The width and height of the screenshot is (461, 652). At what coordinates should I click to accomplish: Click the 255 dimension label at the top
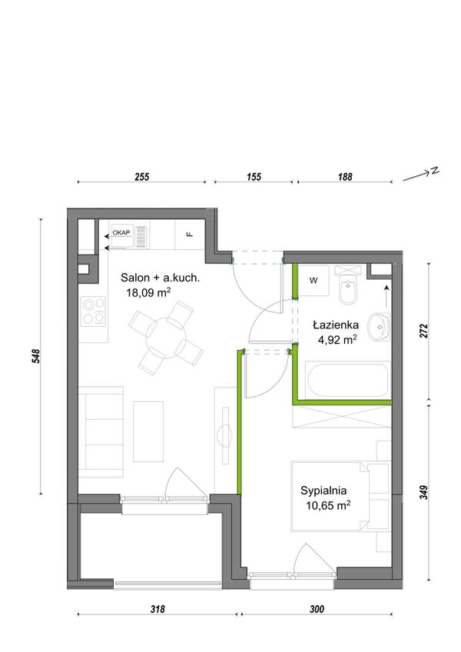point(141,177)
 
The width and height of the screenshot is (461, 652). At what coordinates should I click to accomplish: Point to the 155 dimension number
point(254,177)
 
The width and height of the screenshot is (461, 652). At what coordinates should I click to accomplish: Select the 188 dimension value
point(345,177)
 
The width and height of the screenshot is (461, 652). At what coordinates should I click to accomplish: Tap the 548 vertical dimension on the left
point(36,356)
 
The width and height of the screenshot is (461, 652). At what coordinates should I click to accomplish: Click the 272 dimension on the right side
point(423,331)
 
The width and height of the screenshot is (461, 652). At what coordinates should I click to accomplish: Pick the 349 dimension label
point(423,492)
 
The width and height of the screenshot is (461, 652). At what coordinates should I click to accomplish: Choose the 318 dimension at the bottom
point(158,609)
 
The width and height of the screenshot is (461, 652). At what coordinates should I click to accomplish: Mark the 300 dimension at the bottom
point(317,609)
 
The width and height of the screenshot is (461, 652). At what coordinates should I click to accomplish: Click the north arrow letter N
point(435,171)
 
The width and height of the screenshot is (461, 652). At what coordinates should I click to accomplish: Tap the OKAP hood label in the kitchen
point(121,232)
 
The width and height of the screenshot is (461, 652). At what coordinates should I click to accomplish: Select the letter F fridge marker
point(190,235)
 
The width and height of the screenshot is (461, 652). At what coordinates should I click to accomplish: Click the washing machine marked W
point(313,281)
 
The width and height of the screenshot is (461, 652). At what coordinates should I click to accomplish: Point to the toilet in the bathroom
point(347,284)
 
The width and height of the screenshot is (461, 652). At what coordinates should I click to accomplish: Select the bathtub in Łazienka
point(347,380)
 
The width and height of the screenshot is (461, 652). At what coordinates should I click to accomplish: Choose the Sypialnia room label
point(323,491)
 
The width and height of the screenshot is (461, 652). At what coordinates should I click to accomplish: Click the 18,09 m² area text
point(149,292)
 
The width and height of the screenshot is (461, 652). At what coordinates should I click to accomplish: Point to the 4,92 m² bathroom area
point(337,340)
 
